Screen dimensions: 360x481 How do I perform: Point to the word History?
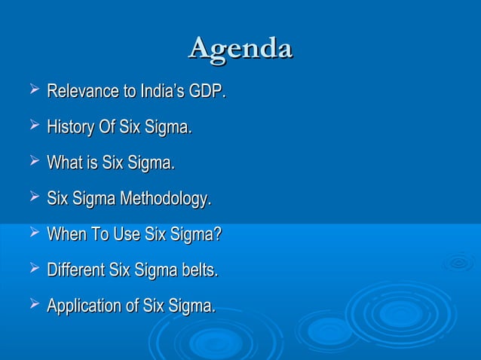[69, 128]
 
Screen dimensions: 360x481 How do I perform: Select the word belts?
[198, 270]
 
